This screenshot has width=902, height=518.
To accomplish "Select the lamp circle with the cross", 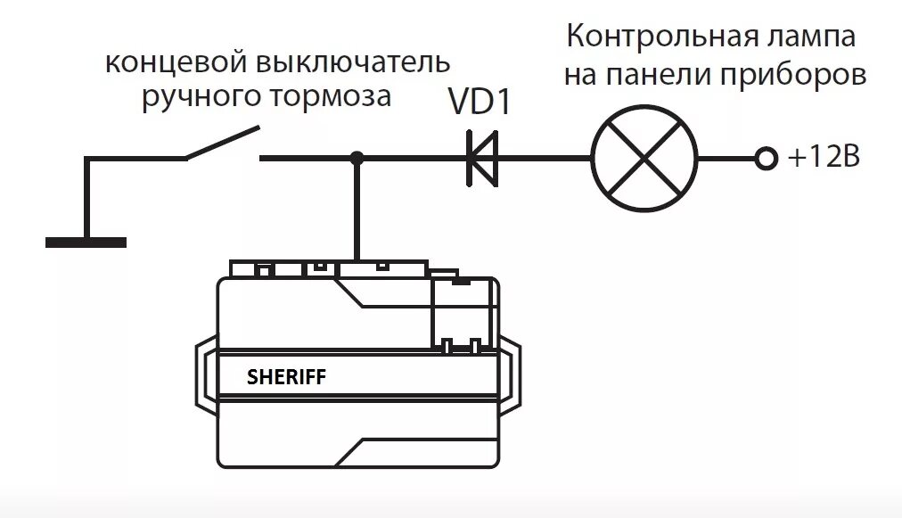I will [645, 159].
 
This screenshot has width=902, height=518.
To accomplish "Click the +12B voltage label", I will [824, 159].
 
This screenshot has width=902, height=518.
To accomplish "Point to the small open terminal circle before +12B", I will [764, 159].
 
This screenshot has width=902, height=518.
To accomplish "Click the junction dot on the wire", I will [357, 159].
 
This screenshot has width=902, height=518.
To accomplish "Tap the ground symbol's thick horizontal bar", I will [86, 241].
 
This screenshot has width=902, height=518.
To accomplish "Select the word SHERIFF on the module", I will [286, 377].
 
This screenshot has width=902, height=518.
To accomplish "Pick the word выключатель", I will [352, 64].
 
